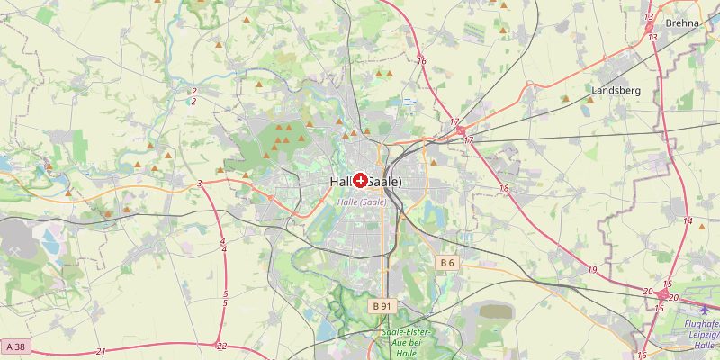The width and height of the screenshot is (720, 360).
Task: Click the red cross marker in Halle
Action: pos(361,181)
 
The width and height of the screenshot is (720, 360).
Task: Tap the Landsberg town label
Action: pos(616,91)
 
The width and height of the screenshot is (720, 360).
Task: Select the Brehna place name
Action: pos(682,23)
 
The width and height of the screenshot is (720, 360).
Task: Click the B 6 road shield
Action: pos(447,262)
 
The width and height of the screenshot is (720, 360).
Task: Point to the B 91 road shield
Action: pos(382,306)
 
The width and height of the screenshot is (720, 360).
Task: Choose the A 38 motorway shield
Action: pos(14,346)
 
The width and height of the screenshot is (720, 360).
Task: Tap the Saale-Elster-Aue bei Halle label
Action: pos(406,343)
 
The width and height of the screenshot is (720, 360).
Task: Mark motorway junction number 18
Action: pos(504,188)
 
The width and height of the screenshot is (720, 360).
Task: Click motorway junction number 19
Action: pos(592,270)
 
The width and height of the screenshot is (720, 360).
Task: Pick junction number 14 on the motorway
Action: pos(688,221)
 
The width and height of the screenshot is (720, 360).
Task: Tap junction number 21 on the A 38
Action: pos(101,351)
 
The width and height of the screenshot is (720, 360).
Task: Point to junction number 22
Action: pos(222,346)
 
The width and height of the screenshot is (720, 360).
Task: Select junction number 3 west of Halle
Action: pos(199,184)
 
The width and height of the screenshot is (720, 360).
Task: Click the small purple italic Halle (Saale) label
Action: pos(362,202)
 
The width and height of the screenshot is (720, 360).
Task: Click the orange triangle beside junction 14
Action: pos(702,227)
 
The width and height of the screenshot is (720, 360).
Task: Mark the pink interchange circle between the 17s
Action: pos(461,131)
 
